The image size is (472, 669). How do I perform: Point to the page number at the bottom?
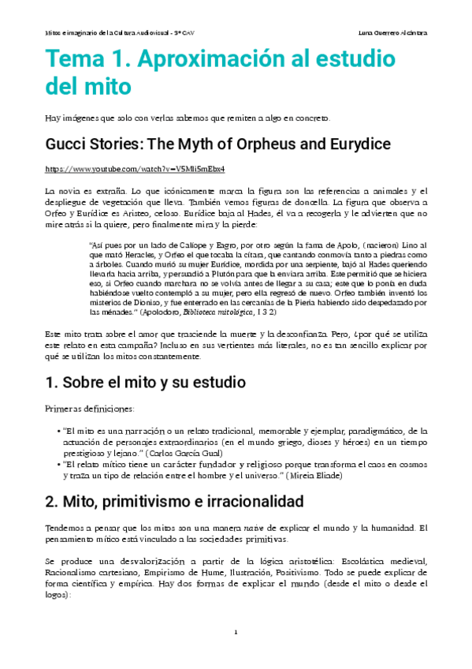[x=236, y=633]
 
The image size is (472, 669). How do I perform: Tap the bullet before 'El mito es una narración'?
[x=61, y=431]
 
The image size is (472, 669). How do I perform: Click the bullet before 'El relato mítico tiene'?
[x=61, y=465]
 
